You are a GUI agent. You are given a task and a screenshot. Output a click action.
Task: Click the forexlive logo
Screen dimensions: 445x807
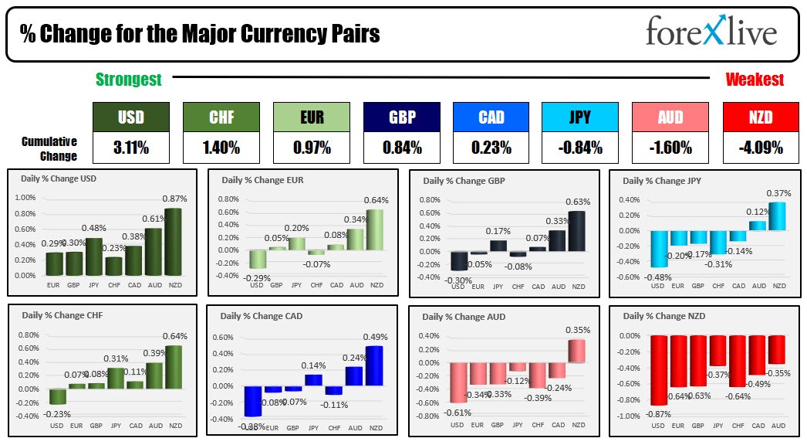711,32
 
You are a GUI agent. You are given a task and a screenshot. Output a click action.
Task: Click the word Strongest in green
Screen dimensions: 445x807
128,80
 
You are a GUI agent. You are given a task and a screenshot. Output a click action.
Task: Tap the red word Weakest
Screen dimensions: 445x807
755,80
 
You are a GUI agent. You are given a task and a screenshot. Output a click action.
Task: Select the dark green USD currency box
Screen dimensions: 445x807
130,117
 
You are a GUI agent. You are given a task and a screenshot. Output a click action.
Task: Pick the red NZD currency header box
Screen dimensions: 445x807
761,117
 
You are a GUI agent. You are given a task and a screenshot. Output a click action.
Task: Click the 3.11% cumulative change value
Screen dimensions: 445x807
130,147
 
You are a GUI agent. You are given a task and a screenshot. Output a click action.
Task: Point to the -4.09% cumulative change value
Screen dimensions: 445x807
761,147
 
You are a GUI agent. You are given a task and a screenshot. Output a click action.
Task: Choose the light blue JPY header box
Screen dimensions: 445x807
579,117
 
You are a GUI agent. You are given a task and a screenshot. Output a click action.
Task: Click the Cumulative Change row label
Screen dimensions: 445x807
49,148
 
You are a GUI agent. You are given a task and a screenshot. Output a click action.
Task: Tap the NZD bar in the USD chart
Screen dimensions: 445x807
173,242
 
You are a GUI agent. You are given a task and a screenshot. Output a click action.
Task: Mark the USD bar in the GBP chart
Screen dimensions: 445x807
459,261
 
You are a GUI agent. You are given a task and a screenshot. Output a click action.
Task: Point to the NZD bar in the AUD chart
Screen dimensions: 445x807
576,351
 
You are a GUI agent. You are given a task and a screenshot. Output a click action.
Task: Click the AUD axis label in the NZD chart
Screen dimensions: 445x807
778,426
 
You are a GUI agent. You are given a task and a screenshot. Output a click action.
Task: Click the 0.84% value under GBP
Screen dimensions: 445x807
402,147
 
